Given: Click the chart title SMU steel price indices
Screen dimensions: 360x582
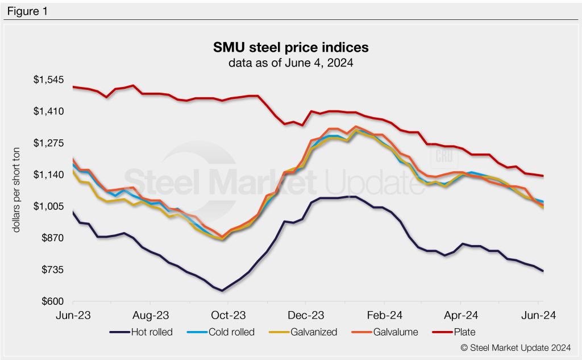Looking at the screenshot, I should click(290, 46).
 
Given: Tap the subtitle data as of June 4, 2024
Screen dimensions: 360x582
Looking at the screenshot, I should click(290, 63).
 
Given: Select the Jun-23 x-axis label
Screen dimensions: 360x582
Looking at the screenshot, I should click(74, 315).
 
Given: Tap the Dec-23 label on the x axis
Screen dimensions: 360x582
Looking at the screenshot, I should click(306, 315).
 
